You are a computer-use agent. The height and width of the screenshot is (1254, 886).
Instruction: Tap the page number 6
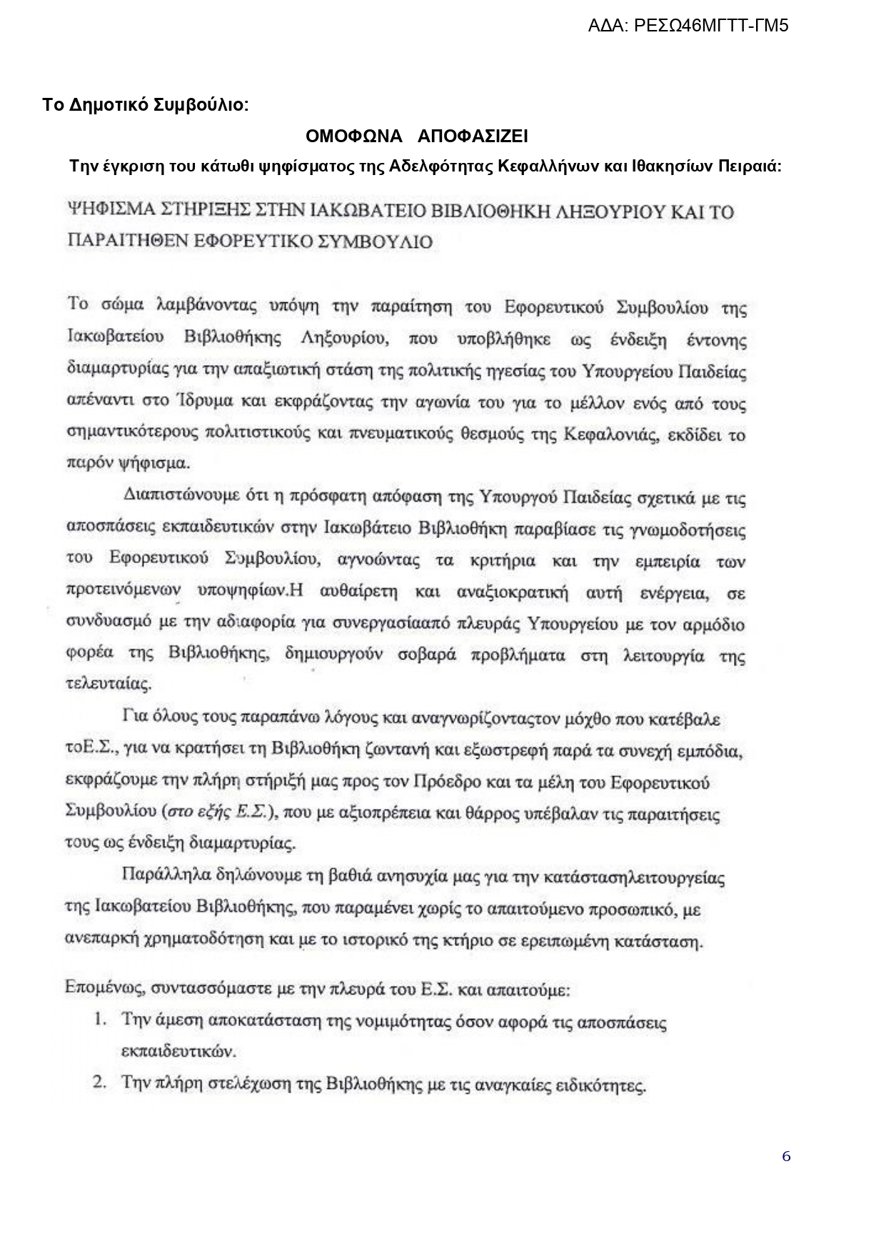tap(786, 1156)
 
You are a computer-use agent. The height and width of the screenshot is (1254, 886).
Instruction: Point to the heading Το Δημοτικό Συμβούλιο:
tap(146, 105)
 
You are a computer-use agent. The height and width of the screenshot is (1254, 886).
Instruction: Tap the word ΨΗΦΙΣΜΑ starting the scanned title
tap(109, 212)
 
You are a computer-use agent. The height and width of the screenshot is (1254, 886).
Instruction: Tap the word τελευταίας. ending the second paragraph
tap(109, 684)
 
